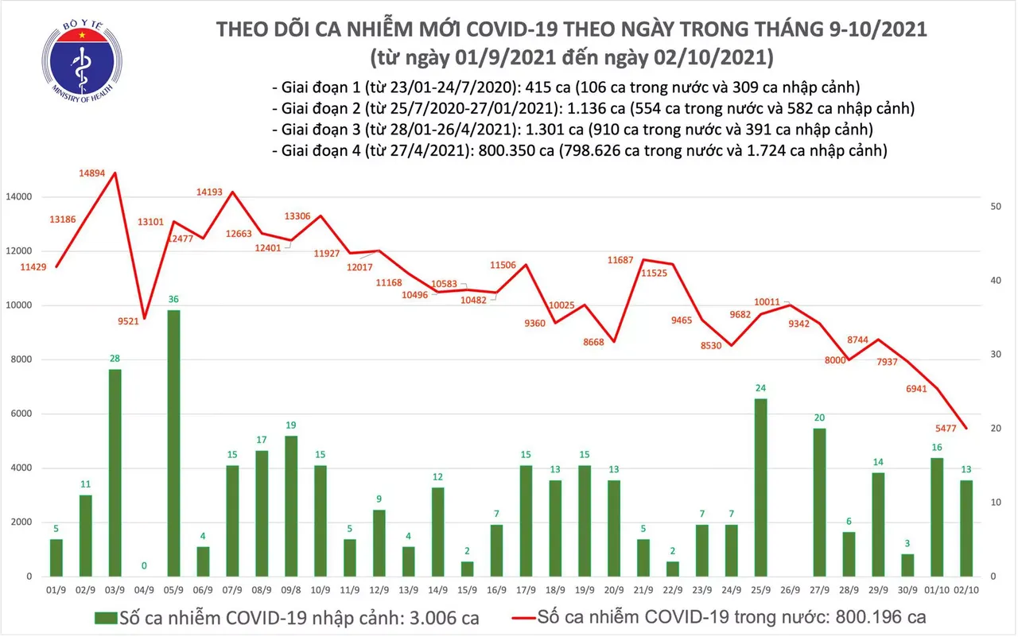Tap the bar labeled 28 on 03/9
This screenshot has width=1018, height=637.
(115, 472)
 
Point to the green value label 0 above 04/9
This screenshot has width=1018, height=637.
(144, 566)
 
